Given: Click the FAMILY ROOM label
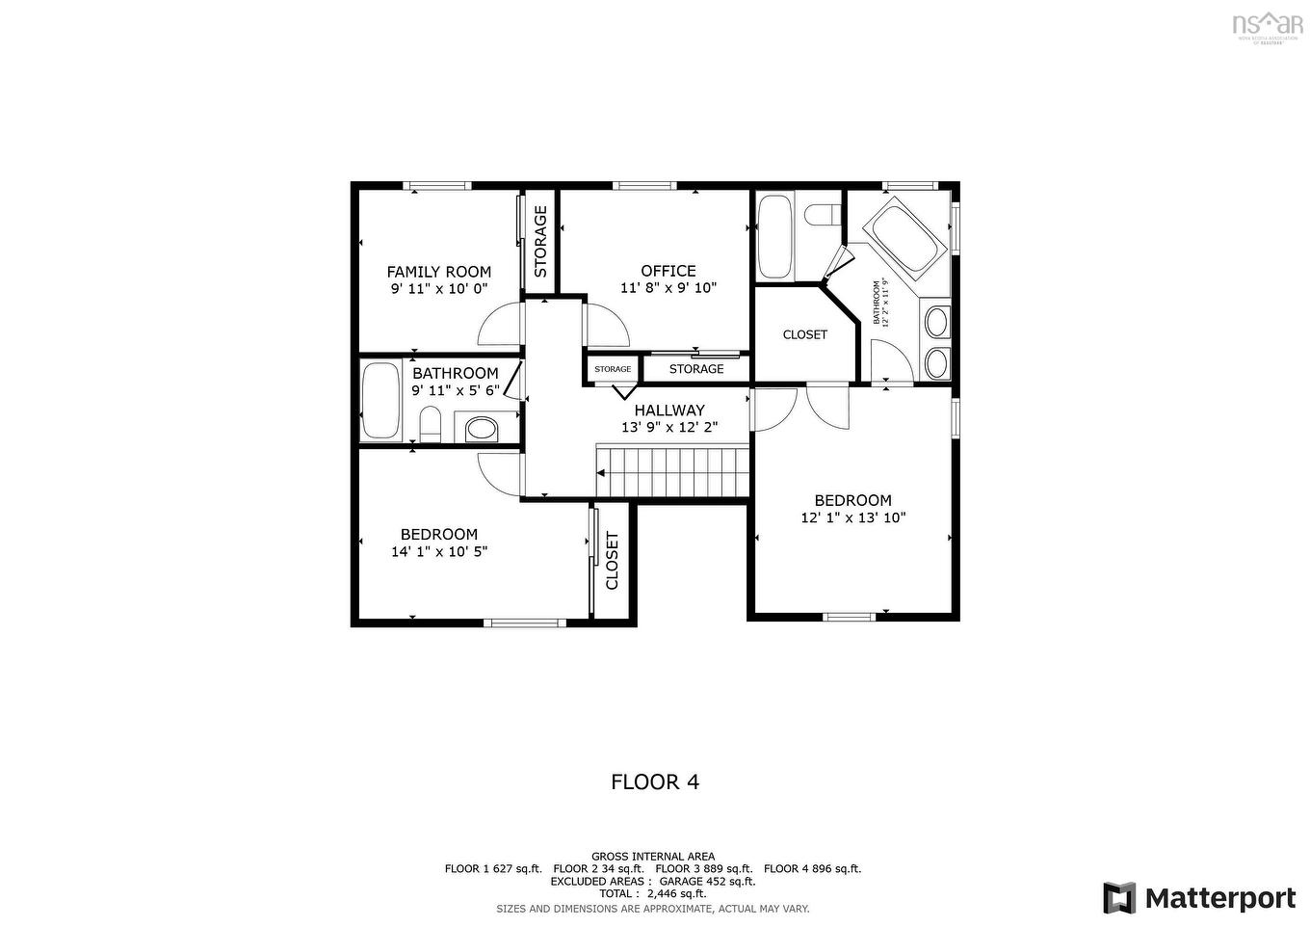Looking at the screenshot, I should pyautogui.click(x=438, y=272).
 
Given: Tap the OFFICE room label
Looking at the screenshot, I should pyautogui.click(x=668, y=271).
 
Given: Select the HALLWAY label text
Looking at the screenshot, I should pyautogui.click(x=668, y=411).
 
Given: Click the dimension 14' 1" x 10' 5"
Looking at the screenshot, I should pyautogui.click(x=439, y=552).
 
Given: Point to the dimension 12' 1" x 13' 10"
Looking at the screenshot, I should pyautogui.click(x=852, y=517).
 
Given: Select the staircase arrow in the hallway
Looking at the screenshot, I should pyautogui.click(x=602, y=473).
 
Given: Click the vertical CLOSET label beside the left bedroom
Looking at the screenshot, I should pyautogui.click(x=612, y=561).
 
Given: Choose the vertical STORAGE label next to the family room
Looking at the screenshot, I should pyautogui.click(x=540, y=242).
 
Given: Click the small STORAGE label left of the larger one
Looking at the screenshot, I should pyautogui.click(x=613, y=369).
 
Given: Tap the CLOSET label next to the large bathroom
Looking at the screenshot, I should pyautogui.click(x=804, y=334).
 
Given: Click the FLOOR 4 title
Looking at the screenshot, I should pyautogui.click(x=655, y=781).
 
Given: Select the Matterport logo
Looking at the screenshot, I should pyautogui.click(x=1199, y=898).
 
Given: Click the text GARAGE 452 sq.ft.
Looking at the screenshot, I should pyautogui.click(x=707, y=881).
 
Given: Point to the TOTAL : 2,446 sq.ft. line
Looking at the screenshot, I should pyautogui.click(x=653, y=893).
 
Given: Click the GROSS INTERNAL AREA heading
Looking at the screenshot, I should pyautogui.click(x=653, y=856).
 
